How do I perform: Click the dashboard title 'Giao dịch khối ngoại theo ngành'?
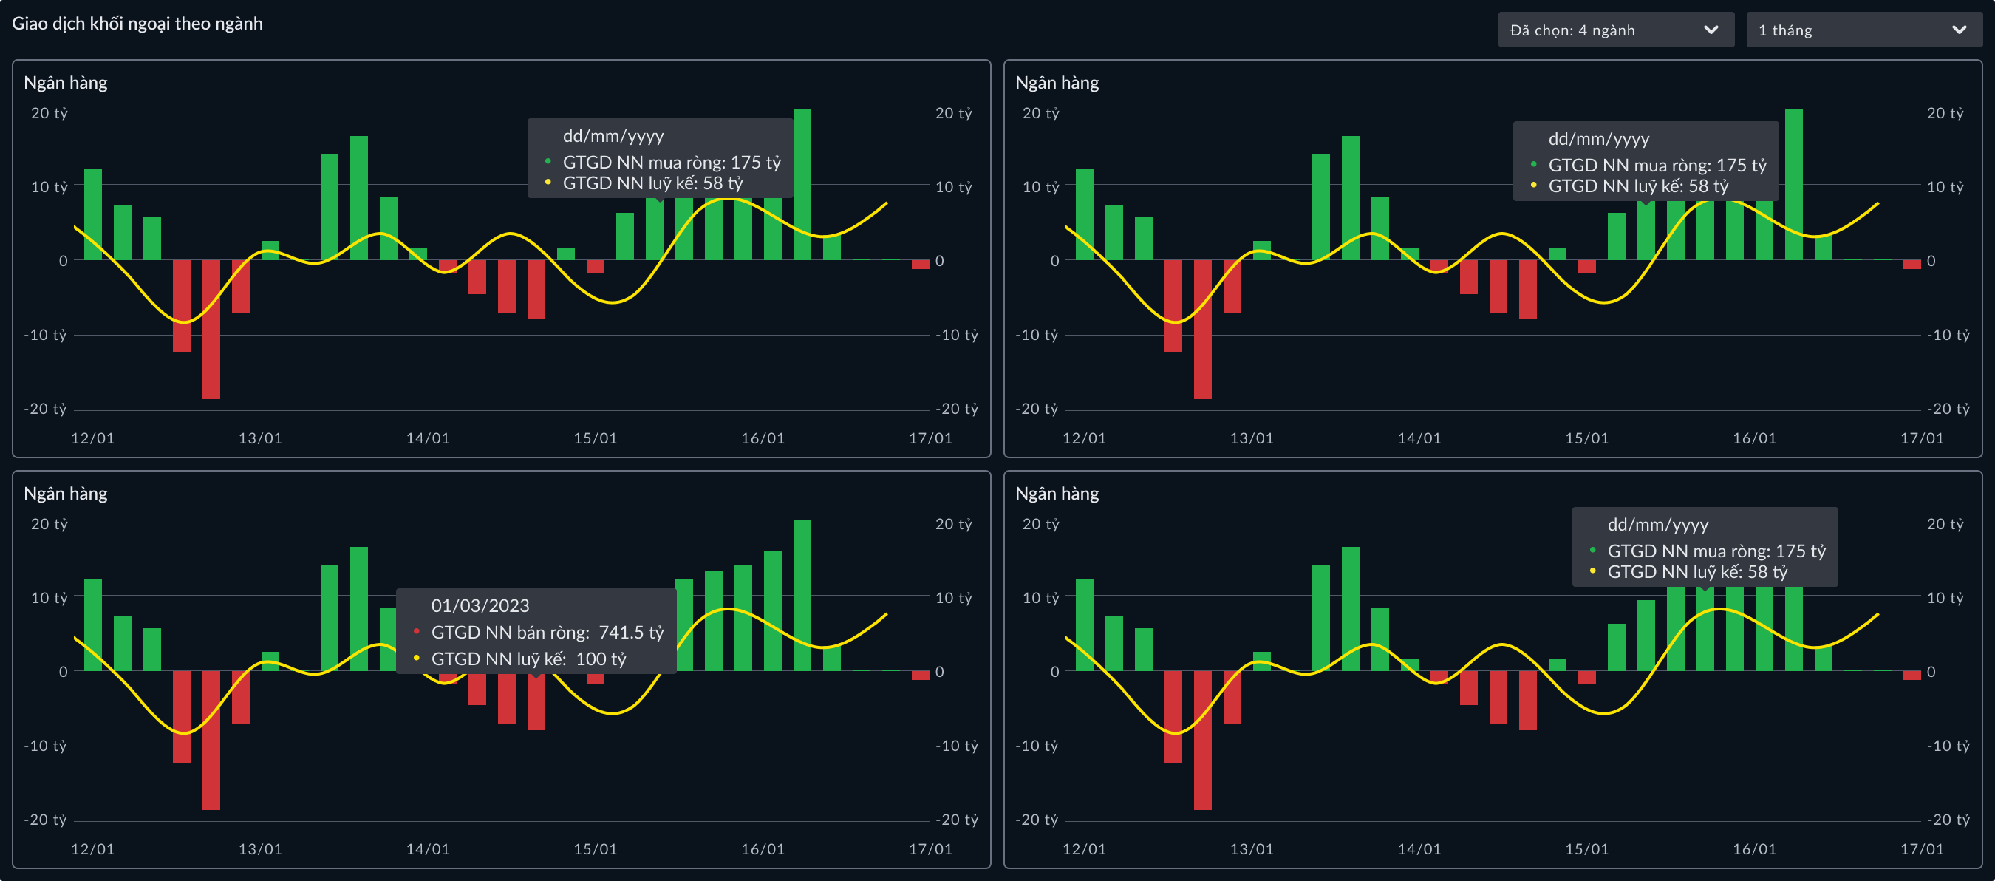click(x=137, y=23)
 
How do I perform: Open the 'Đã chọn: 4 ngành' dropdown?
click(x=1614, y=30)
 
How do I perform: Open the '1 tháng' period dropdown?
click(x=1863, y=30)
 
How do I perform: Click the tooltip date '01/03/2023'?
click(x=480, y=605)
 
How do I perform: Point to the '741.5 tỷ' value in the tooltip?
click(x=630, y=632)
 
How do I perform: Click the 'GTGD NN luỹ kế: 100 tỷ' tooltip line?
click(x=528, y=659)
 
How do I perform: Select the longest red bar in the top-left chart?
click(x=211, y=330)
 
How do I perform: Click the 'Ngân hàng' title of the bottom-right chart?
click(x=1057, y=494)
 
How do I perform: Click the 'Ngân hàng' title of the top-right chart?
click(x=1057, y=83)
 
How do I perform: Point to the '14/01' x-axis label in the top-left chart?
click(x=428, y=438)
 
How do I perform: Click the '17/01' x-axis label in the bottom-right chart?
click(x=1921, y=849)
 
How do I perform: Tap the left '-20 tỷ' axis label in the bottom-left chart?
click(x=46, y=820)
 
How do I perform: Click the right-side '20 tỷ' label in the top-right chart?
click(x=1945, y=113)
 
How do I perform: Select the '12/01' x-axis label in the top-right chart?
click(x=1083, y=438)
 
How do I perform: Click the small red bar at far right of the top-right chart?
click(x=1912, y=264)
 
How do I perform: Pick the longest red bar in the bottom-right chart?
click(x=1202, y=740)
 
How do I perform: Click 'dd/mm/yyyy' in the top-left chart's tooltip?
click(x=613, y=137)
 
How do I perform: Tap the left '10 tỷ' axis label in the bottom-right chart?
click(x=1040, y=598)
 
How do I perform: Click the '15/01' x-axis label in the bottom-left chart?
click(x=595, y=849)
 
